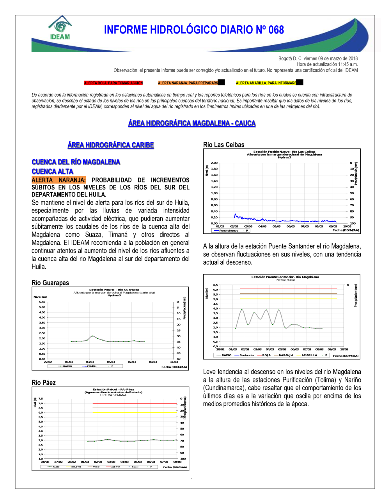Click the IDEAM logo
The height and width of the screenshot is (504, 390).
click(x=60, y=28)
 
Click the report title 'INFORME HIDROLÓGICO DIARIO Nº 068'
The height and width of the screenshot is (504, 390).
click(x=194, y=30)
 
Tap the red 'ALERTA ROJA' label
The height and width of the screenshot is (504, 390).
click(x=113, y=83)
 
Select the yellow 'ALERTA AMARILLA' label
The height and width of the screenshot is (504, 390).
click(x=266, y=83)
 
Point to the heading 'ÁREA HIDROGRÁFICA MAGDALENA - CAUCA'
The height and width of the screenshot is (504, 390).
click(x=192, y=123)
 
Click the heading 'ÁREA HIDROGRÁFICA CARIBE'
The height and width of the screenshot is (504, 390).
click(x=111, y=145)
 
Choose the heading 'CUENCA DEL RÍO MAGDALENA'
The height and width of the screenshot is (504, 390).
click(x=76, y=162)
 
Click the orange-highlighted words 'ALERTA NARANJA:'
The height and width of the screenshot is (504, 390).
click(x=58, y=180)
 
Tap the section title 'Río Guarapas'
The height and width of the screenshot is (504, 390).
click(x=50, y=283)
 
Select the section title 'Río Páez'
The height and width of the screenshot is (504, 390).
click(x=44, y=382)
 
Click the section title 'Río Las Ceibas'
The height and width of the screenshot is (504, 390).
click(x=223, y=145)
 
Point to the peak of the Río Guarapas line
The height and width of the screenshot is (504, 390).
click(x=92, y=336)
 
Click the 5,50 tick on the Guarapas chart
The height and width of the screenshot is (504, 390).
click(x=42, y=302)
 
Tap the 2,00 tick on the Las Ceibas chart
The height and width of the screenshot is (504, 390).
click(x=214, y=163)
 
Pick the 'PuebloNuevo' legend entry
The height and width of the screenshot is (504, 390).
click(x=229, y=230)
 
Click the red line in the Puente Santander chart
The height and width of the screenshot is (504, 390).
click(x=289, y=289)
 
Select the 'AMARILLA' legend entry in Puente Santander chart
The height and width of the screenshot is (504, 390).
click(x=309, y=355)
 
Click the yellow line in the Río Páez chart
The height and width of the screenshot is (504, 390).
click(x=135, y=412)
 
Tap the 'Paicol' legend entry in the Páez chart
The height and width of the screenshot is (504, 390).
click(x=135, y=467)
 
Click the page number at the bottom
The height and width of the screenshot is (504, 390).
click(x=192, y=479)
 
